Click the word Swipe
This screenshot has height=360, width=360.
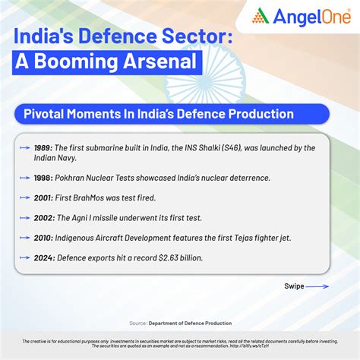click(x=294, y=287)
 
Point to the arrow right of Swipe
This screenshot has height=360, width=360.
click(x=319, y=287)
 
